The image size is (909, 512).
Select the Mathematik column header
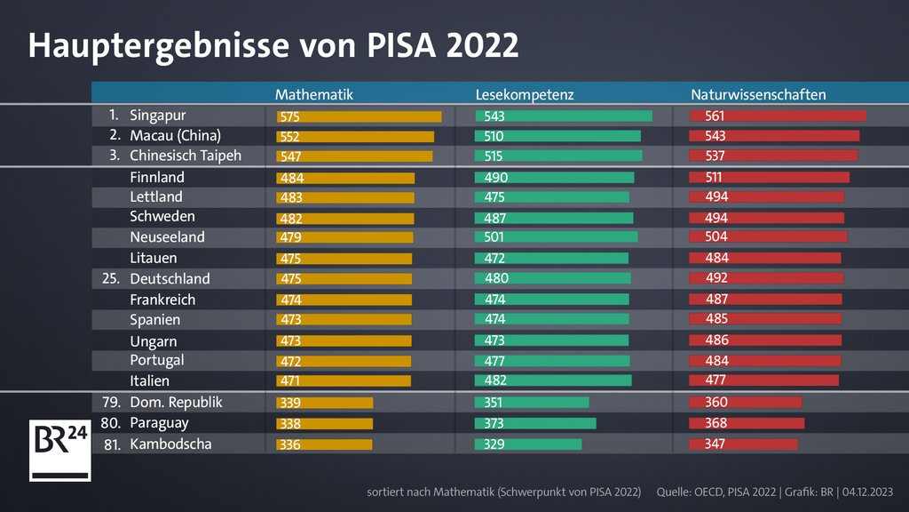click(x=314, y=94)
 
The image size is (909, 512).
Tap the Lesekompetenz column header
click(x=525, y=94)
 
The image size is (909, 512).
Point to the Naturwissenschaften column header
click(x=758, y=94)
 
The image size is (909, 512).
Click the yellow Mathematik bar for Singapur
click(x=359, y=116)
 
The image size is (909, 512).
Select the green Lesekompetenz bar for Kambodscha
click(x=528, y=444)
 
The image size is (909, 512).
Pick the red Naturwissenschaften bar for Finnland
click(x=769, y=178)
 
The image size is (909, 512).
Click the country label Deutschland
click(x=170, y=279)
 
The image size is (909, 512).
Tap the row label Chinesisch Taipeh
click(x=186, y=156)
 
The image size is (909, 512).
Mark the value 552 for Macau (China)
click(x=289, y=137)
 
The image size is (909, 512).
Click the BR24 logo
click(x=60, y=450)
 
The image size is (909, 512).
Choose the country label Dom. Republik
click(x=176, y=403)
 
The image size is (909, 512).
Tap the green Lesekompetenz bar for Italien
click(x=553, y=380)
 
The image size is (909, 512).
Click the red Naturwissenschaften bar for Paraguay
click(x=747, y=423)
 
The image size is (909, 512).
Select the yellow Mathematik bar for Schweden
click(x=345, y=219)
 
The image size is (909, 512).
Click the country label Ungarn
click(x=153, y=341)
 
